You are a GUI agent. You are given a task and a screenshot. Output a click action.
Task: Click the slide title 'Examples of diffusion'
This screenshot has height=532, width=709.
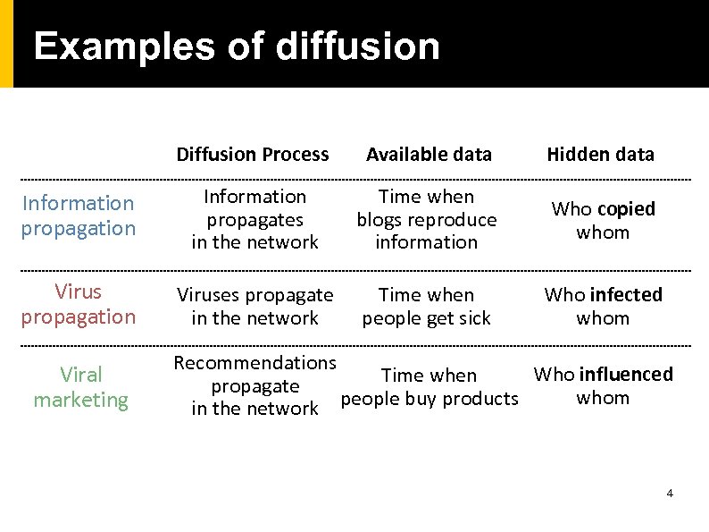coord(237,46)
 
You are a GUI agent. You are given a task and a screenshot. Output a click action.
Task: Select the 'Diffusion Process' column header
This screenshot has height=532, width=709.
coord(253,154)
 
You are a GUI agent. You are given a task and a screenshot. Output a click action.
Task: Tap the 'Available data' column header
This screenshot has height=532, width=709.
coord(429,154)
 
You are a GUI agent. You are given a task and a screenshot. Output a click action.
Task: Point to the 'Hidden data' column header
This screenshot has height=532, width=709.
coord(600,154)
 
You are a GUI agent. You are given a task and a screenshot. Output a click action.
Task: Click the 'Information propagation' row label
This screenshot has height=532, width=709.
coord(79,215)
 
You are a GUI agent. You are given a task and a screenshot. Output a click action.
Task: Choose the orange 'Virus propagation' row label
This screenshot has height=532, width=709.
coord(79,304)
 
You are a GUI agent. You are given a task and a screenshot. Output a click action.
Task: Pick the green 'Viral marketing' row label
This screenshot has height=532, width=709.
coord(81,387)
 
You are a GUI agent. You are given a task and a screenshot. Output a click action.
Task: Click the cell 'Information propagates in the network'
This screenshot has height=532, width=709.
coord(254,219)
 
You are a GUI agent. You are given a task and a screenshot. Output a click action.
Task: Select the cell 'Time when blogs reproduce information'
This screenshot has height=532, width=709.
coord(427,219)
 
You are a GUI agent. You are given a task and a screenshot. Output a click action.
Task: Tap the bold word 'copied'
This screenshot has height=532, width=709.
coord(626,209)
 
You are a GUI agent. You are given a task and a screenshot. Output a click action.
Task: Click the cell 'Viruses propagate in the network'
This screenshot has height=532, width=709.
coord(254,306)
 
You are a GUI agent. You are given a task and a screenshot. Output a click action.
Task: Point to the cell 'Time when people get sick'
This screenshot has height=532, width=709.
coord(427,306)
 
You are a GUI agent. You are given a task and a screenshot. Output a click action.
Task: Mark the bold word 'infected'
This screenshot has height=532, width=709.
coord(627,295)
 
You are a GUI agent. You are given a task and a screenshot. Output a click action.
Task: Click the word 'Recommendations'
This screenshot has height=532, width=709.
coord(254,363)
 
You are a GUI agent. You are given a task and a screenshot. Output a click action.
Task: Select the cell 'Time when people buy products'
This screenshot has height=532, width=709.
coord(430,387)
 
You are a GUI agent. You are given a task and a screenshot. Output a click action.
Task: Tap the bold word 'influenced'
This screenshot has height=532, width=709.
coord(627,375)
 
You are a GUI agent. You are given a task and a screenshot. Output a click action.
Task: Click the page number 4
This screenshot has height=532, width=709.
coord(670,494)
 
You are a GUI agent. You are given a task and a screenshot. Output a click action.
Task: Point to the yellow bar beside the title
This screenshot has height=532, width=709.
coord(6,43)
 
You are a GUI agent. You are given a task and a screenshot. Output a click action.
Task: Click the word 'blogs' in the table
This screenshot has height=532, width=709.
coord(379,220)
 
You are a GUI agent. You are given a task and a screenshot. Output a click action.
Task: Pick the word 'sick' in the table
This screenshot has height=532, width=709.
coord(472,318)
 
